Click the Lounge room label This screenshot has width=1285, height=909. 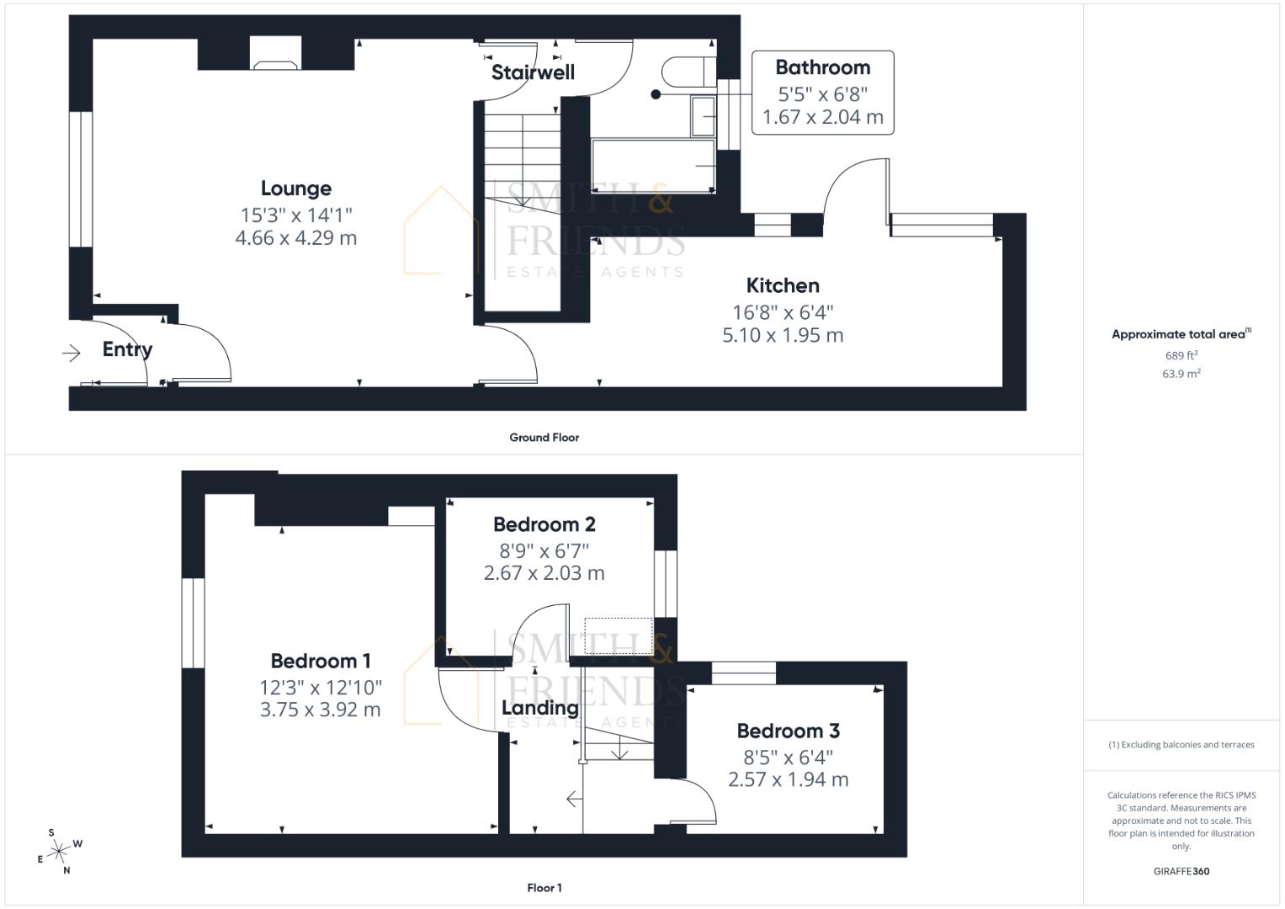point(295,189)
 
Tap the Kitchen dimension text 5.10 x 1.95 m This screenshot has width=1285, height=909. point(783,335)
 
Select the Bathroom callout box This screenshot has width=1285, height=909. point(822,93)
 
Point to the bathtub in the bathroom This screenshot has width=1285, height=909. point(653,166)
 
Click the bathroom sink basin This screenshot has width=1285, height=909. point(703,116)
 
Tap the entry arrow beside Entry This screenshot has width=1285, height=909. point(72,353)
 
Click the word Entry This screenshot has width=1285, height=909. point(127,349)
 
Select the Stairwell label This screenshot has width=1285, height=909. point(533,72)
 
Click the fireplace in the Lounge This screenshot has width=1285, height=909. point(275,55)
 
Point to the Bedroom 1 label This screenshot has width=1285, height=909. point(320,661)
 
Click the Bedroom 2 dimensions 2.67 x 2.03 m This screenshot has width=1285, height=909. point(544,573)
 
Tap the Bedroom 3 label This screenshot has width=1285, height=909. point(788,731)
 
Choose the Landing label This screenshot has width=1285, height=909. point(539,708)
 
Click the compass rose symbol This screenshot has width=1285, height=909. point(59,852)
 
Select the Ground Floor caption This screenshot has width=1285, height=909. point(544,437)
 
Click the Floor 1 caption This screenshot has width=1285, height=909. point(544,887)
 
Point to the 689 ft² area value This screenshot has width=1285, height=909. point(1181,355)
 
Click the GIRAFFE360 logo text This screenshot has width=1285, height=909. point(1181,871)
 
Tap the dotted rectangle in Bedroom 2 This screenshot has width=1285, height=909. point(619,635)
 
